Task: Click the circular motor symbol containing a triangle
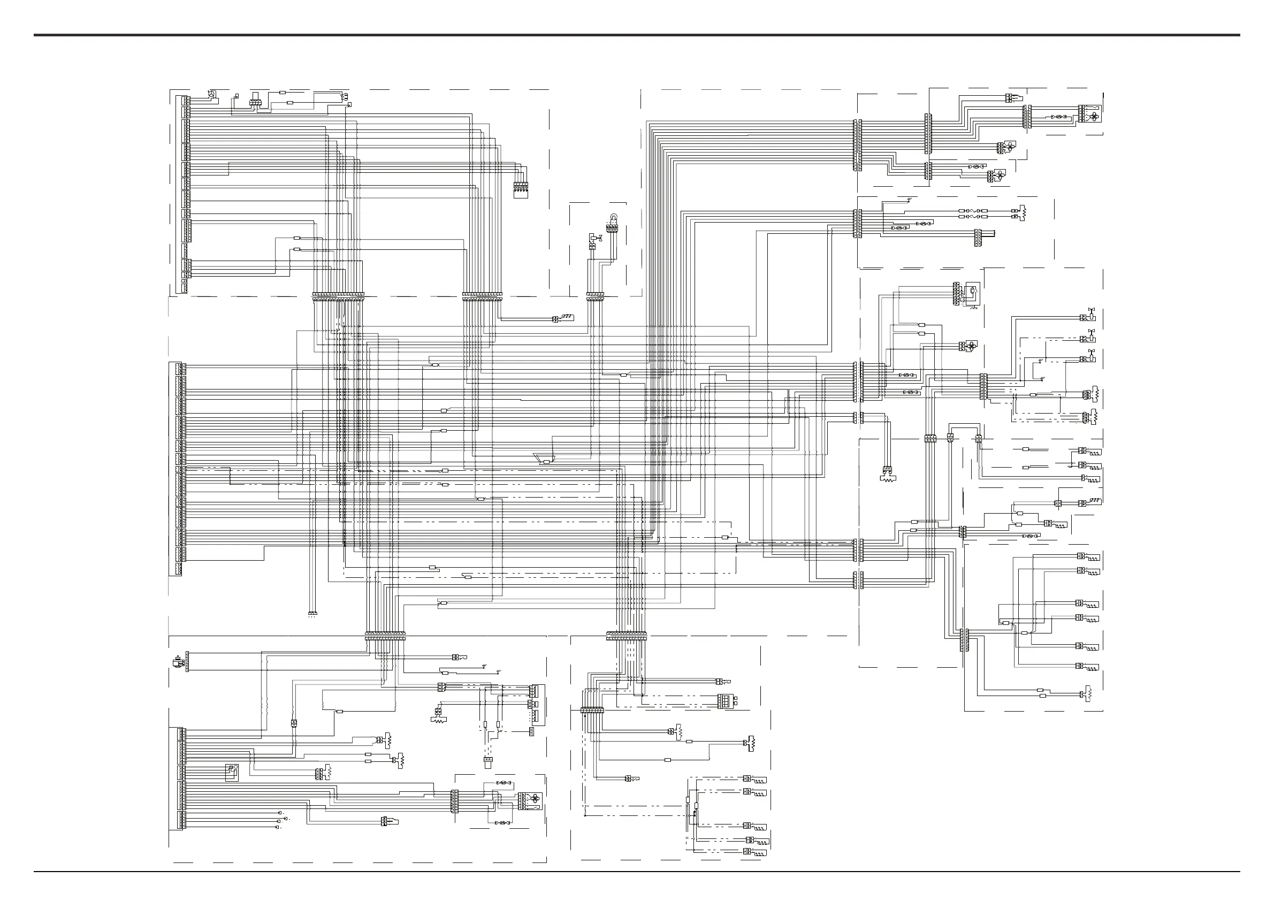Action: coord(211,94)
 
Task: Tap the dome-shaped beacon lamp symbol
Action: coord(613,218)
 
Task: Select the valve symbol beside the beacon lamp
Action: coord(594,239)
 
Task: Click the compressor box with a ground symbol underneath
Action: coord(973,292)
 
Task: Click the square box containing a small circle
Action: coord(231,772)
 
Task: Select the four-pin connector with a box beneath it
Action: coord(520,189)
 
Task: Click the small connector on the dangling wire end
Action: coord(312,614)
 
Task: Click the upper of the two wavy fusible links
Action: coord(972,211)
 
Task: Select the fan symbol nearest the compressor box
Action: coord(972,345)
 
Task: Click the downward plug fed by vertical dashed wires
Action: coord(488,762)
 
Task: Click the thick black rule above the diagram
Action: coord(637,35)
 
